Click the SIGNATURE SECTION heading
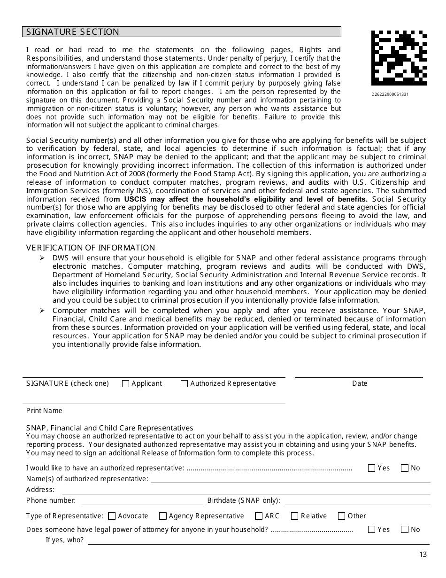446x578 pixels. click(73, 32)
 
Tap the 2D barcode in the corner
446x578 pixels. click(399, 58)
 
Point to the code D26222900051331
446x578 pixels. click(390, 94)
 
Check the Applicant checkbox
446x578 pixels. click(125, 383)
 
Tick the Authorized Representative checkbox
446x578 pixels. click(184, 383)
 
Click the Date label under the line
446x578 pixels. click(360, 383)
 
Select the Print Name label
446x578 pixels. click(44, 411)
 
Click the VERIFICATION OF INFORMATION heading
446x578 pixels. click(91, 248)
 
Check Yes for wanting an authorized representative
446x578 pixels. click(372, 468)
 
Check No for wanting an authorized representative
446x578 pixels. click(405, 468)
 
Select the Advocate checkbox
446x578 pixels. click(112, 516)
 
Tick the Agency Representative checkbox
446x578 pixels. click(163, 516)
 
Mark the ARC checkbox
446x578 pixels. click(259, 516)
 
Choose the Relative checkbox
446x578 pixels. click(295, 516)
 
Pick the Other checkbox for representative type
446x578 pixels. click(342, 516)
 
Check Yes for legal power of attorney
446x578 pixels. click(372, 530)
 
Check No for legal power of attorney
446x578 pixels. click(405, 530)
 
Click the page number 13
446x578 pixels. click(423, 555)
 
